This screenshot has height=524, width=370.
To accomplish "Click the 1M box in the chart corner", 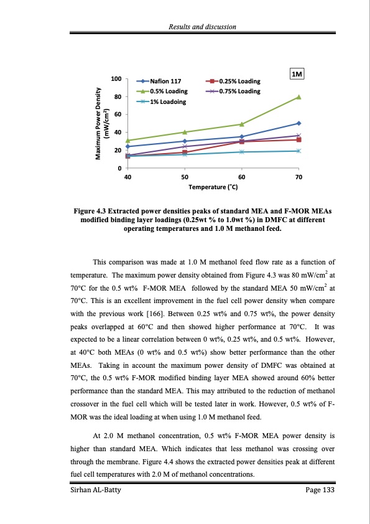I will (297, 75).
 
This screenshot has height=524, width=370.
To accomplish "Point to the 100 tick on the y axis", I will (116, 79).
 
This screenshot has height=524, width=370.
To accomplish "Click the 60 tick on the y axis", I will (118, 115).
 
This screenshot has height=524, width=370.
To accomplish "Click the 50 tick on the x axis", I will (185, 177).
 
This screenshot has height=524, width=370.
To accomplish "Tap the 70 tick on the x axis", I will (298, 177).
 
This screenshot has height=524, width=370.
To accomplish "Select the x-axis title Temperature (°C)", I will (213, 187).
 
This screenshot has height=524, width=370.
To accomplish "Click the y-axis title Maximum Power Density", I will (98, 123).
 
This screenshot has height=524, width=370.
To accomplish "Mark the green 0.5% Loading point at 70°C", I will (298, 97).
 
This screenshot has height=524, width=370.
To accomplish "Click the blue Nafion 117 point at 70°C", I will (298, 123).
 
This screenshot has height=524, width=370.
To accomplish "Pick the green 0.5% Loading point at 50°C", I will (185, 132).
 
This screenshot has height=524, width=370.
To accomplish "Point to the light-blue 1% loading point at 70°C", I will (298, 151).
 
